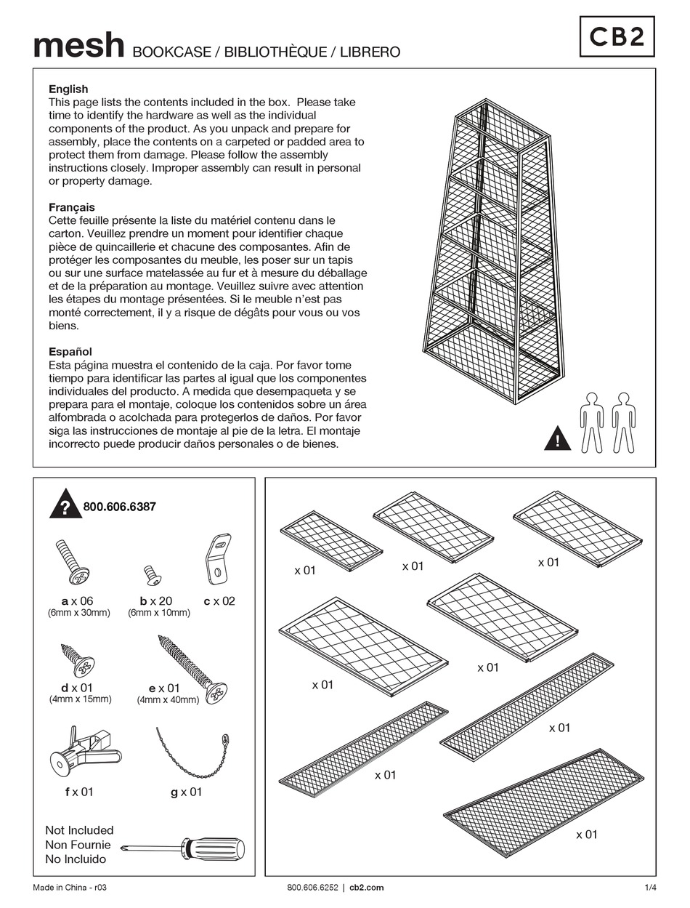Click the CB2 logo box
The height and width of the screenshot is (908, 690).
tap(616, 37)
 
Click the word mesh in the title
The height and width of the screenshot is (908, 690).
tap(79, 46)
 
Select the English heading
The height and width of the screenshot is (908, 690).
tap(68, 89)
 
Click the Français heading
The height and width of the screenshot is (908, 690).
tap(72, 207)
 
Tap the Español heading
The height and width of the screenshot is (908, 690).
tap(70, 352)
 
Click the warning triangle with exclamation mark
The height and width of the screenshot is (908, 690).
tap(557, 439)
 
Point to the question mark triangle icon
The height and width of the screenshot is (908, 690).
tap(65, 506)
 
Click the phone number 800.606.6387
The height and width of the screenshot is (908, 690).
tap(119, 507)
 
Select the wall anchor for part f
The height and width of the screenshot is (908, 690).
tap(80, 752)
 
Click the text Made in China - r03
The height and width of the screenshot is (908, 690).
tap(65, 887)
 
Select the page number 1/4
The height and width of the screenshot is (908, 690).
tap(650, 887)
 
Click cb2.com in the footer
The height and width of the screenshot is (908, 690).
tap(367, 887)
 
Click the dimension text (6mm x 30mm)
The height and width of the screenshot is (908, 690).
tap(79, 613)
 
